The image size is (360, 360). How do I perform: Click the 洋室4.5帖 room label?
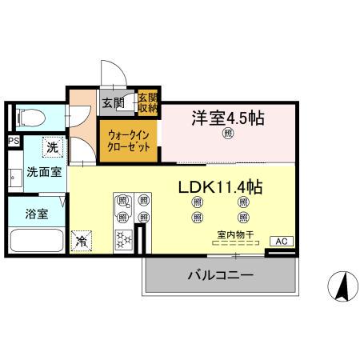(228, 118)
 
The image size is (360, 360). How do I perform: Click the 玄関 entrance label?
(113, 102)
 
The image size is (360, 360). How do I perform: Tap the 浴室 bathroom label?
(35, 214)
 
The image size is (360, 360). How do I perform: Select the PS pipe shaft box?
(13, 142)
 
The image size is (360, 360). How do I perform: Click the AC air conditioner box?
(281, 241)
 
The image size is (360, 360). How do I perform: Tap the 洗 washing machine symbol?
(51, 148)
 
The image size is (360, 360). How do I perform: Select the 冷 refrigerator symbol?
(82, 238)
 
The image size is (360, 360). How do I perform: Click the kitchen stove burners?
(125, 238)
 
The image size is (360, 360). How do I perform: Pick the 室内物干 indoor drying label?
(235, 234)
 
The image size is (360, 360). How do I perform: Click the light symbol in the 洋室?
(228, 134)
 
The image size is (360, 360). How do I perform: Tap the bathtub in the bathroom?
(35, 239)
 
